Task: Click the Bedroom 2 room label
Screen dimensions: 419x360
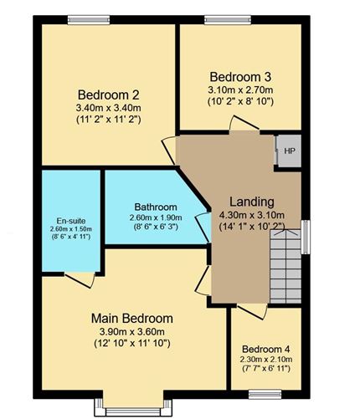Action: [x=108, y=94]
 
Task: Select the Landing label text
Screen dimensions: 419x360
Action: [x=251, y=202]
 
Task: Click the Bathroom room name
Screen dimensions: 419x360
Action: [x=156, y=207]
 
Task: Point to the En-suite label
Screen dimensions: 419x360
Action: [x=70, y=218]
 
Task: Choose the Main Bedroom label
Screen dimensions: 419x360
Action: [x=131, y=318]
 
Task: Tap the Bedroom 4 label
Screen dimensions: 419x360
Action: [x=266, y=348]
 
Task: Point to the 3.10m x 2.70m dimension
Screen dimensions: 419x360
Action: [x=240, y=89]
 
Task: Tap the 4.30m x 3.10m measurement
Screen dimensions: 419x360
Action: [x=251, y=215]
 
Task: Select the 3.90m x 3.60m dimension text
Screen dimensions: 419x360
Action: [x=131, y=331]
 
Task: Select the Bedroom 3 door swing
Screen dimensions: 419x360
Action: [x=244, y=124]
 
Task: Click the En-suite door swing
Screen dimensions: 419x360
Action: [x=80, y=279]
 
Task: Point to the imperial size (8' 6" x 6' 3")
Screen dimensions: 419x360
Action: [x=156, y=230]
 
